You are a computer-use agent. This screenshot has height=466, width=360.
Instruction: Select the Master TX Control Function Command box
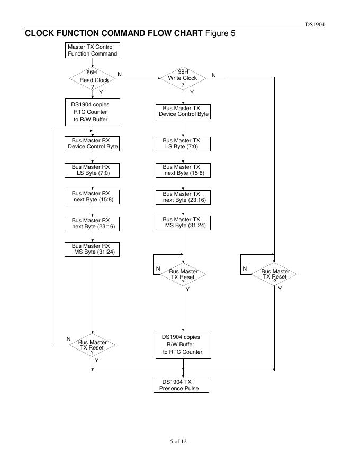pos(92,50)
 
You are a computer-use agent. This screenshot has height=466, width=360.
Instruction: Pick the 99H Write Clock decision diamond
pos(183,78)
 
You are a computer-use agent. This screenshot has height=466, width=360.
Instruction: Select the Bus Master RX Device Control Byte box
pos(93,144)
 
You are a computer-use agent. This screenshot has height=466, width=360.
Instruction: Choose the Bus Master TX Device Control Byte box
pos(183,111)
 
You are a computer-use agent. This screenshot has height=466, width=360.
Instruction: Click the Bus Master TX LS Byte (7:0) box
pos(183,144)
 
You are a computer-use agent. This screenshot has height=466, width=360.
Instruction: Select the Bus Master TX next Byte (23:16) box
pos(183,197)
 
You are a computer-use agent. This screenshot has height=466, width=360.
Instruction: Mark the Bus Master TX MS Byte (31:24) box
pos(183,222)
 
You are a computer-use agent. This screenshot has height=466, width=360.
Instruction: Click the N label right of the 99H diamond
pos(214,75)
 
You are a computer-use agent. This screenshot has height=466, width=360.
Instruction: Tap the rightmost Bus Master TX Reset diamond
pos(274,274)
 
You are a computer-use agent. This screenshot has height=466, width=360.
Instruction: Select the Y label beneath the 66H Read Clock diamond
pos(101,92)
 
